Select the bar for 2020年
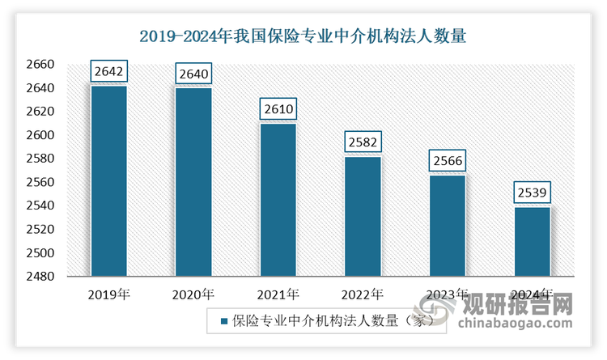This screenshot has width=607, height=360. [193, 181]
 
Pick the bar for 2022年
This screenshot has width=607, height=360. [363, 216]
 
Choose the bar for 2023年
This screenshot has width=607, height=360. [448, 226]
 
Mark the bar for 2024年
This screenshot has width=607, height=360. [532, 242]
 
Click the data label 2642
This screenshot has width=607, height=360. [109, 72]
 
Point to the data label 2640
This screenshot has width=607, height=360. [193, 74]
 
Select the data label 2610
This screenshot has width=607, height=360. [278, 109]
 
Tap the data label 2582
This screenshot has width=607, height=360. [363, 142]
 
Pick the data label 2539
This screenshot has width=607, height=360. [532, 193]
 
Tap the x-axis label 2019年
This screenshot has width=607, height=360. [109, 294]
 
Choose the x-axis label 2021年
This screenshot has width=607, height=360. [278, 294]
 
